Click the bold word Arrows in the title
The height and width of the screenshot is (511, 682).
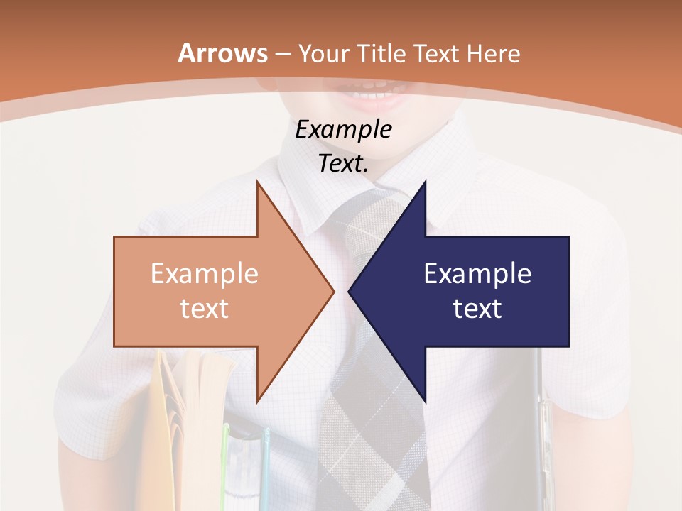pyautogui.click(x=222, y=53)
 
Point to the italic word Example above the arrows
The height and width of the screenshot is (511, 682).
pyautogui.click(x=343, y=130)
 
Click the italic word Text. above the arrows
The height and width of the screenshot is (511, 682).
pyautogui.click(x=344, y=164)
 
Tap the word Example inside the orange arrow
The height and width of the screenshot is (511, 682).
pyautogui.click(x=205, y=273)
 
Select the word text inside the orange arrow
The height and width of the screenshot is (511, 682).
pyautogui.click(x=205, y=308)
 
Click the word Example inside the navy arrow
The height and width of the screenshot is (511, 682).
pyautogui.click(x=477, y=273)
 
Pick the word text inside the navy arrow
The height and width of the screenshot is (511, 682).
pyautogui.click(x=477, y=308)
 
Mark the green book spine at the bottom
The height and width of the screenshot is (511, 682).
pyautogui.click(x=226, y=468)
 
